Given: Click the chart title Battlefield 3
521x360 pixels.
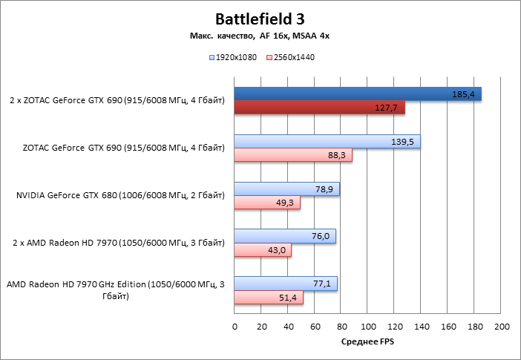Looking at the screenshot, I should [x=260, y=18].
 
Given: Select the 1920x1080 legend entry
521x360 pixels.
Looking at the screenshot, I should [x=235, y=57].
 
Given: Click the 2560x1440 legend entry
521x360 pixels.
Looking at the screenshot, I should [x=294, y=57].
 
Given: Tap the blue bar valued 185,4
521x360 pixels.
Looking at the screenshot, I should [x=358, y=94].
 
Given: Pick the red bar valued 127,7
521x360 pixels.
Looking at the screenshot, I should [x=319, y=108].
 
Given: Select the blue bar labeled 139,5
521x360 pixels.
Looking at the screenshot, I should [x=327, y=142].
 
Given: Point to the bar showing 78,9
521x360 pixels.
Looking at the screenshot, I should [x=286, y=189].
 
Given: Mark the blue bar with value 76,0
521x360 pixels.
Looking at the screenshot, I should [x=285, y=236].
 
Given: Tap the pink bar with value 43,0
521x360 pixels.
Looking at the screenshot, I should [x=263, y=250].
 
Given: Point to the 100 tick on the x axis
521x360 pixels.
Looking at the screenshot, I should [x=368, y=327].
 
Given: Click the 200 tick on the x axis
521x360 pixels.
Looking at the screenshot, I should [x=502, y=327].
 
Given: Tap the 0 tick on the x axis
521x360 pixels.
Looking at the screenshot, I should [x=235, y=327].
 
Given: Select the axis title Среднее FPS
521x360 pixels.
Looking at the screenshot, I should [x=367, y=341].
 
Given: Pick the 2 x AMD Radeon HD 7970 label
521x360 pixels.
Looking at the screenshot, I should [x=119, y=243].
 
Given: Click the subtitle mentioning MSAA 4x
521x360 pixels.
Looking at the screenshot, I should [x=260, y=36].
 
